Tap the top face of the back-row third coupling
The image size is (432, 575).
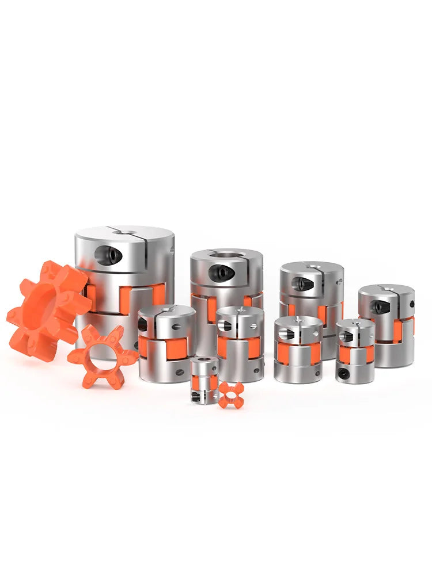[312, 269]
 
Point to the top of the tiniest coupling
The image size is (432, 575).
[204, 361]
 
